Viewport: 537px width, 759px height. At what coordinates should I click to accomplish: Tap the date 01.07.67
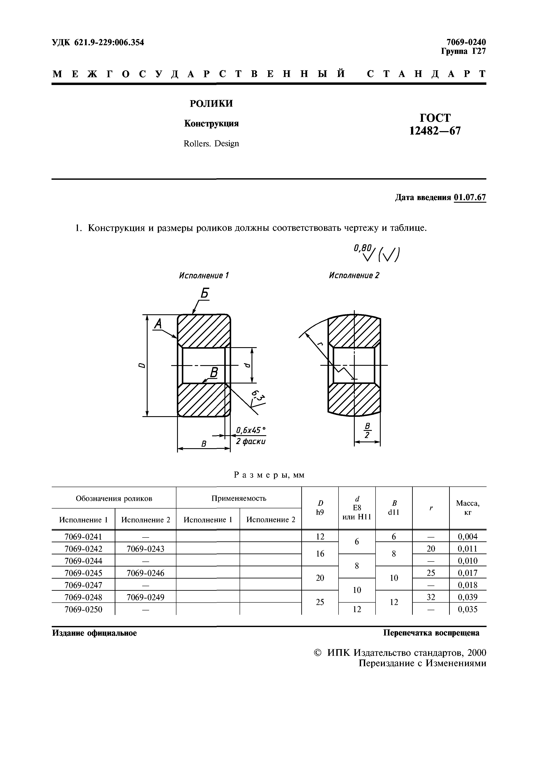[x=470, y=198]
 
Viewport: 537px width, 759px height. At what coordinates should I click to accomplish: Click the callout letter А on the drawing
[x=158, y=324]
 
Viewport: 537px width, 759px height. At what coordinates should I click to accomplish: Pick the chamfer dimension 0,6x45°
[x=250, y=430]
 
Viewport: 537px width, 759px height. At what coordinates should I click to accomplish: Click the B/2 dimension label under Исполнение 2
[x=367, y=430]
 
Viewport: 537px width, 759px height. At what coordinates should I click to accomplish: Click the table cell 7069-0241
[x=83, y=536]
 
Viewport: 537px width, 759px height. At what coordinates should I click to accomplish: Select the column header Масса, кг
[x=468, y=508]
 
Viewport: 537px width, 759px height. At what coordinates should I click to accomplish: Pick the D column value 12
[x=320, y=536]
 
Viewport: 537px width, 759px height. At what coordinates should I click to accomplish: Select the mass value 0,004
[x=468, y=536]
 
